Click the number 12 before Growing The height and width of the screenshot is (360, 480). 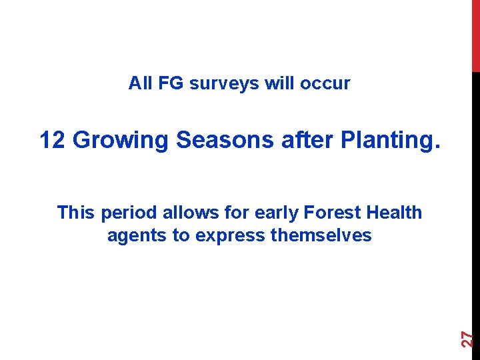coord(53,140)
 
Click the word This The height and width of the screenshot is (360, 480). coord(77,213)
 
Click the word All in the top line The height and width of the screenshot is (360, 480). coord(141,83)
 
